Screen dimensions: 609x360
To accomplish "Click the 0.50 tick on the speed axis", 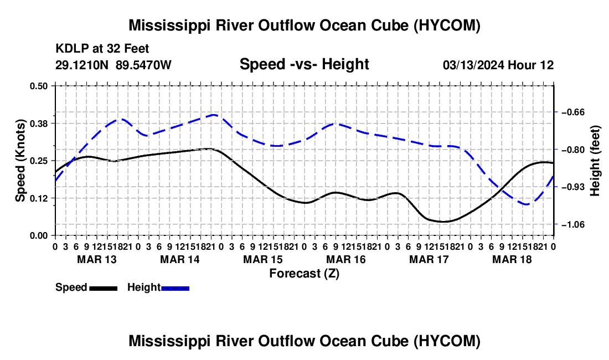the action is click(38, 86).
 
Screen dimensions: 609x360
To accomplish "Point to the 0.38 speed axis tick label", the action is click(38, 124).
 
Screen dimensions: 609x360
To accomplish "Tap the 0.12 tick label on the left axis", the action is click(38, 198).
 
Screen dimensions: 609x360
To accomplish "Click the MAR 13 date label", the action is click(97, 259).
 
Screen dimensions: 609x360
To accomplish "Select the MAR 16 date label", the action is click(345, 259).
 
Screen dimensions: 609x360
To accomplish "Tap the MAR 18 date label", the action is click(512, 259).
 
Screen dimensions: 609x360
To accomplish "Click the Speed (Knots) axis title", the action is click(20, 161).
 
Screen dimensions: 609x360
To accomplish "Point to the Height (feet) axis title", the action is click(595, 161).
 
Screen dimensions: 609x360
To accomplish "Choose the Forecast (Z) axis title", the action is click(304, 274).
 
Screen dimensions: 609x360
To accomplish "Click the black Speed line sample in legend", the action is click(104, 289).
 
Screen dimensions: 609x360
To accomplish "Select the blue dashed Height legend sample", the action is click(175, 289).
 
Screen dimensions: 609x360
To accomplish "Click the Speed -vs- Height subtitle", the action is click(304, 64).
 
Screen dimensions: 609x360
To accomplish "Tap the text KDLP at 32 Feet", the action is click(102, 49).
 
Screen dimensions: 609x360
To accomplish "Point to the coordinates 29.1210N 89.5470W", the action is click(113, 65).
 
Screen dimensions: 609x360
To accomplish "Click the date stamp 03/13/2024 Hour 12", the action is click(498, 65).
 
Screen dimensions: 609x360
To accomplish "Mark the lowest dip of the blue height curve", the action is click(527, 204).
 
